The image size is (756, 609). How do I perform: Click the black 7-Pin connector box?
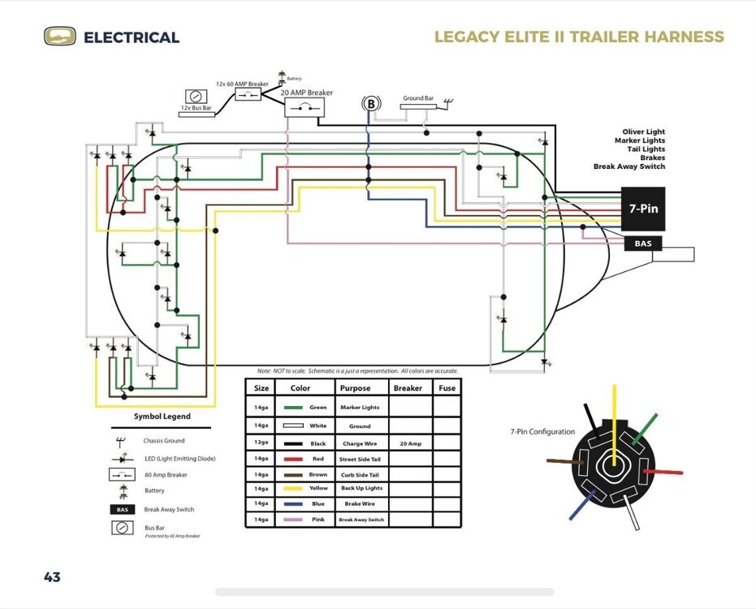coord(643,209)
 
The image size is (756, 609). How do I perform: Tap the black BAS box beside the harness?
coord(642,244)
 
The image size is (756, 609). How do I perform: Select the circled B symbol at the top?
coord(371,104)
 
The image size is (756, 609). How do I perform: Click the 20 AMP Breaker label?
coord(307,93)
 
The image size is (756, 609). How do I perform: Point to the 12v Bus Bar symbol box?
coord(196,96)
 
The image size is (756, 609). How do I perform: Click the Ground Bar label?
coord(418,98)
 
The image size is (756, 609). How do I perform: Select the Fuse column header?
coord(446,388)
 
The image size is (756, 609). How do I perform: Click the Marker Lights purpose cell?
coord(360,408)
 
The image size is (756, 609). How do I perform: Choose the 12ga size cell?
coord(261,444)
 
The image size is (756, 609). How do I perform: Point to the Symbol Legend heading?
coord(162,417)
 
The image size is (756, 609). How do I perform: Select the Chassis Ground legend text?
coord(164,441)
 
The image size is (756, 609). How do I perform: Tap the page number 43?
coord(52,577)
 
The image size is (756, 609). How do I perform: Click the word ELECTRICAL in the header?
coord(132,37)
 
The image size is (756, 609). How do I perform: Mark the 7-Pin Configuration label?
coord(542,432)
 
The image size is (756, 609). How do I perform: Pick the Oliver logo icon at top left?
coord(59,37)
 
